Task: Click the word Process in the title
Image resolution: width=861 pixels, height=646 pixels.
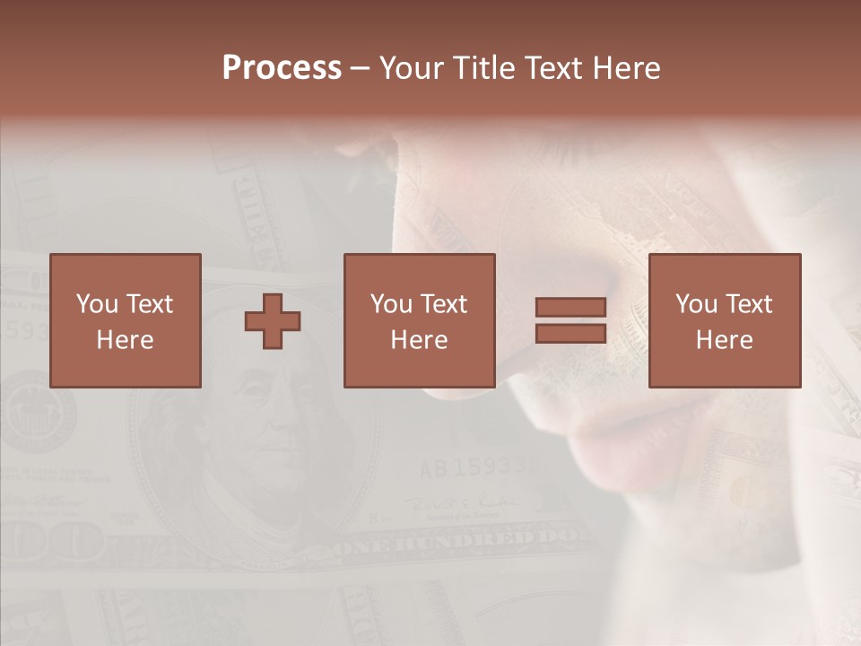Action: tap(282, 68)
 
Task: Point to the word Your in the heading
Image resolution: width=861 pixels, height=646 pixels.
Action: tap(410, 68)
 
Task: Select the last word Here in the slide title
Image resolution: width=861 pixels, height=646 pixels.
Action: tap(627, 68)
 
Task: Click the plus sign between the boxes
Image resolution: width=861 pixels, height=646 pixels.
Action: tap(273, 321)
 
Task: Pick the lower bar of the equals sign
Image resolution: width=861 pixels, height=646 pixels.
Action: tap(570, 334)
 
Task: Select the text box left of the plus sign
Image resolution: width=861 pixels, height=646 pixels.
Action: tap(126, 320)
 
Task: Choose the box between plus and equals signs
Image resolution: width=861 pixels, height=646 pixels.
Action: tap(419, 320)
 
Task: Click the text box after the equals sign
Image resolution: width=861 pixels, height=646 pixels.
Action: tap(725, 320)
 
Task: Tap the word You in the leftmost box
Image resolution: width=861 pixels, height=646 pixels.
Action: tap(97, 304)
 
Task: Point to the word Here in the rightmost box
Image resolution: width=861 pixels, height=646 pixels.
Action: tap(725, 340)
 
